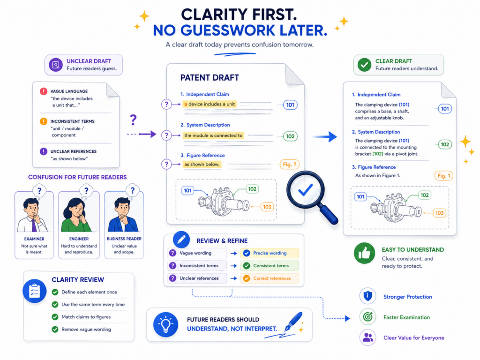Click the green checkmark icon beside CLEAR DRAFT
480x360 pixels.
pos(364,65)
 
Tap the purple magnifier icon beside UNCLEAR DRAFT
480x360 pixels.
pos(56,65)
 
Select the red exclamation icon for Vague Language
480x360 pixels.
pos(44,91)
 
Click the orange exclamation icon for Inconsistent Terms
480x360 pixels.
pos(44,121)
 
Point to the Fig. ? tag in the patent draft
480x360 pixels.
pos(289,165)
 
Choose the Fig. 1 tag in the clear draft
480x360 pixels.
pos(443,176)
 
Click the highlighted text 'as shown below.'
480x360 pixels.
pos(202,165)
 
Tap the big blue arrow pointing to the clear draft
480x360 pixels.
pos(325,136)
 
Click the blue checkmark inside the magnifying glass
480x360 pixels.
pos(305,189)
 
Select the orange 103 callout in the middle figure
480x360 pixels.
pos(267,207)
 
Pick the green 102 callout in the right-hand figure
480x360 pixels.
pos(425,195)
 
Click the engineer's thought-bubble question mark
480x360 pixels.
pos(86,191)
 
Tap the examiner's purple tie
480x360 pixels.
pos(34,225)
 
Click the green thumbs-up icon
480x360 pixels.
pos(364,253)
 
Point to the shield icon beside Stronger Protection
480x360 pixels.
pos(367,296)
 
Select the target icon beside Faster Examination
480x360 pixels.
pos(367,317)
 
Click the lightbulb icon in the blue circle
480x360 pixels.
pos(165,324)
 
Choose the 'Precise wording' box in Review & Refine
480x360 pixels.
pos(270,253)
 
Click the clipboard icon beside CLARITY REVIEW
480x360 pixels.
pos(34,291)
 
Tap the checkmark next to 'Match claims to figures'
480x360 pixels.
pos(55,317)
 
